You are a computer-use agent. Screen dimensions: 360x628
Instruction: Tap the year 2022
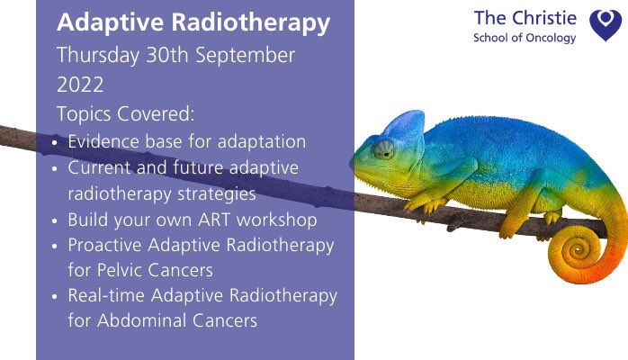pyautogui.click(x=81, y=85)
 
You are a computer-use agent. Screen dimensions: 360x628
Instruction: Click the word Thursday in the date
pyautogui.click(x=94, y=54)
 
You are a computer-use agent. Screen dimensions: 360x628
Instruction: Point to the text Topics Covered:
pyautogui.click(x=125, y=115)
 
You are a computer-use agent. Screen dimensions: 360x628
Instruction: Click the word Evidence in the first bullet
pyautogui.click(x=103, y=142)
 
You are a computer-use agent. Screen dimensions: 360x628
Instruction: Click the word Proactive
pyautogui.click(x=106, y=245)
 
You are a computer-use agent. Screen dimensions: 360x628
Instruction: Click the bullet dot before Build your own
pyautogui.click(x=58, y=220)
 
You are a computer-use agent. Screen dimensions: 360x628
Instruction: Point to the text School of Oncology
pyautogui.click(x=524, y=38)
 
